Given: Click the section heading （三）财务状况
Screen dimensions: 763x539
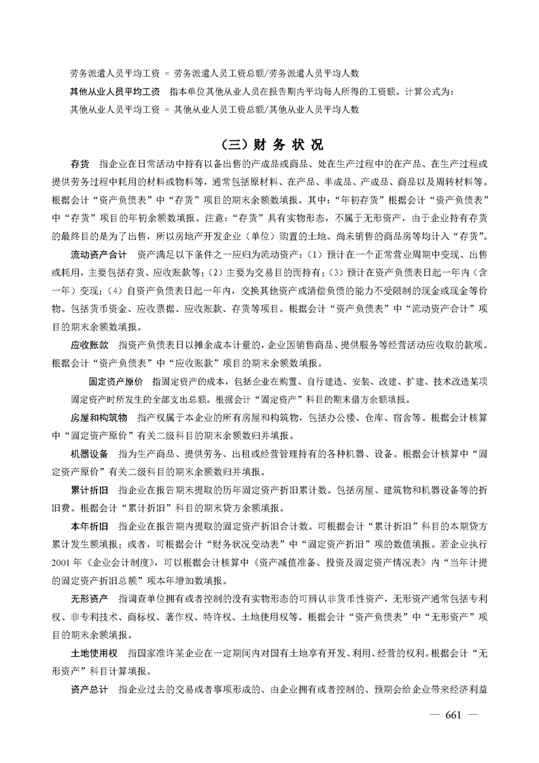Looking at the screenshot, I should [270, 145].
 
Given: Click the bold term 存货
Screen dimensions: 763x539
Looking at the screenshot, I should [80, 165].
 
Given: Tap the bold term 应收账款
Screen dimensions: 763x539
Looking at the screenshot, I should [90, 345].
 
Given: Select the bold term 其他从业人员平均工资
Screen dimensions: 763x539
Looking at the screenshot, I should [114, 90].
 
